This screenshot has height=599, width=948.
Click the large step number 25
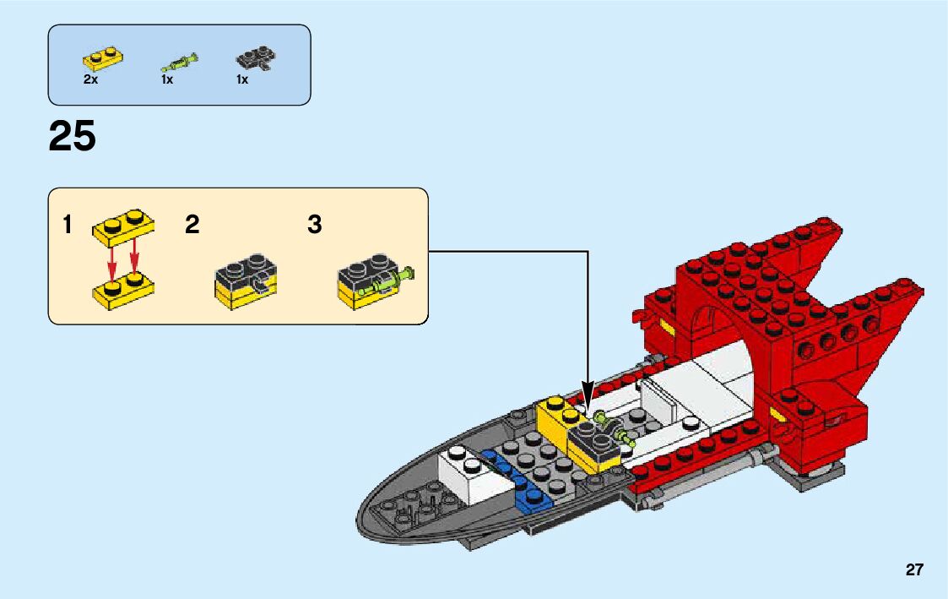point(73,137)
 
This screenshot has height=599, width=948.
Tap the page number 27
point(914,570)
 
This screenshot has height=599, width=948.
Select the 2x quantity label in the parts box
point(91,79)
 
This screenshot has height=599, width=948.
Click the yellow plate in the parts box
point(103,59)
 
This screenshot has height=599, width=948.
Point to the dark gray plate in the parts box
point(256,59)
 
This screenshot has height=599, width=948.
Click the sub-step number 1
point(68,226)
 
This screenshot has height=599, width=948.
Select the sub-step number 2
point(192,226)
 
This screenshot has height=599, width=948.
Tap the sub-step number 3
point(315,226)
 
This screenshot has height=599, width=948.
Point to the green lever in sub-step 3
point(390,279)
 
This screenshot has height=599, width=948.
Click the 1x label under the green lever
point(167,79)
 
